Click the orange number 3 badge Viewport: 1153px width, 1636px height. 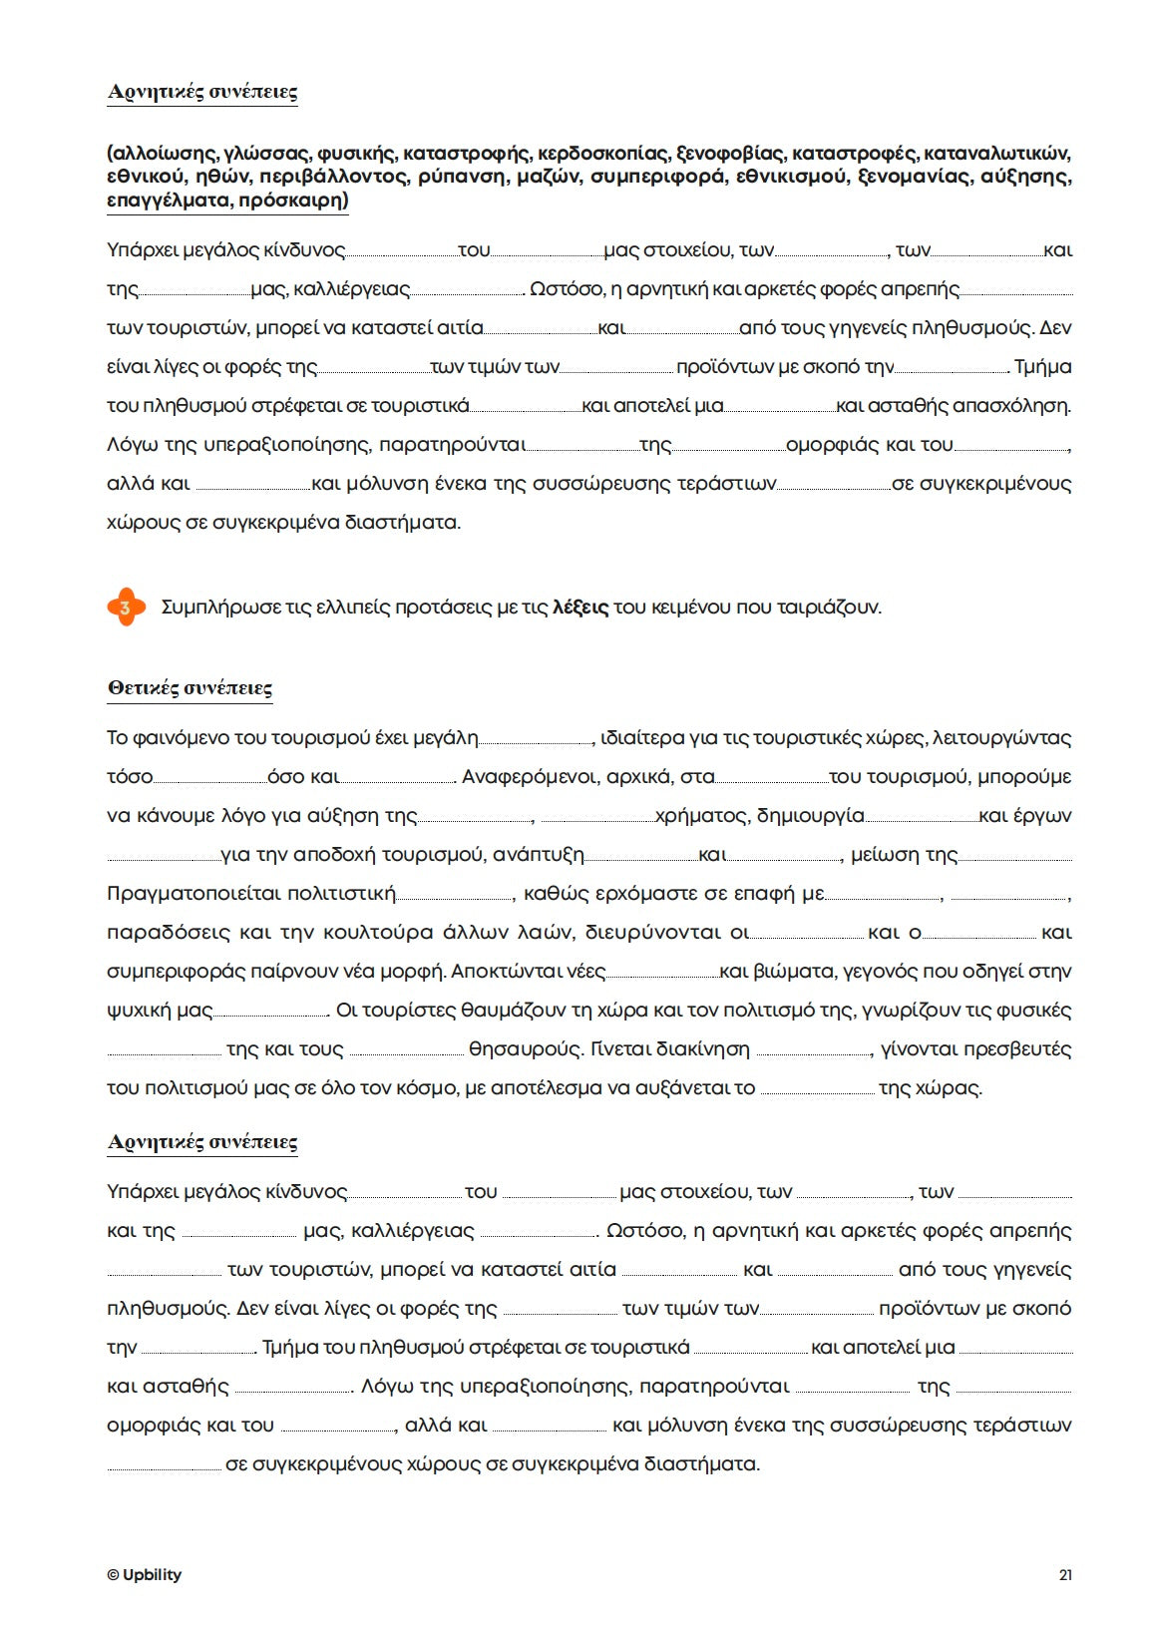tap(126, 607)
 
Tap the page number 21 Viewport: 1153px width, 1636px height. tap(1065, 1575)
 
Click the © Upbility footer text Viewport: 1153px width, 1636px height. tap(145, 1575)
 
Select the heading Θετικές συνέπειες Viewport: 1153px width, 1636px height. tap(190, 687)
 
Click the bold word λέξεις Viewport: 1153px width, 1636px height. tap(580, 608)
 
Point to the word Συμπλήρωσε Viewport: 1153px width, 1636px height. tap(221, 608)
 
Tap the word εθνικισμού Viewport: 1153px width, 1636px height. tap(792, 177)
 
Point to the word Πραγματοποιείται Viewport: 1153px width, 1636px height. tap(251, 894)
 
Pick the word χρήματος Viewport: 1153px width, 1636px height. tap(701, 816)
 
